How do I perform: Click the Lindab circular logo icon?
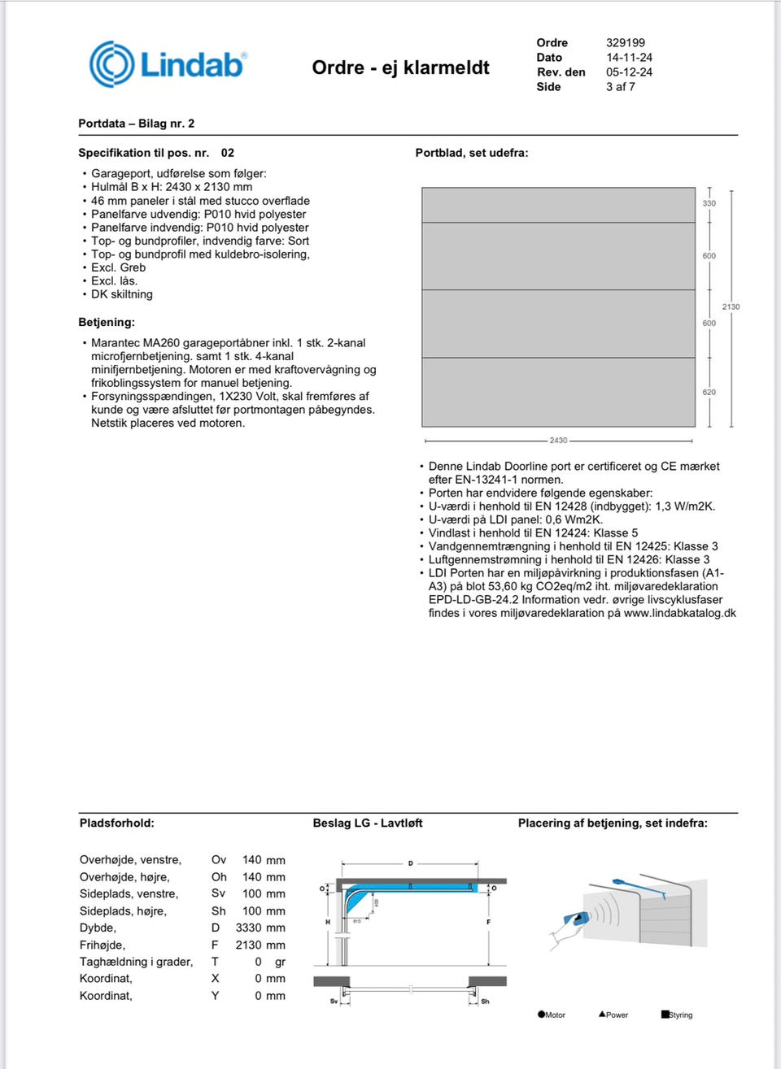tap(111, 64)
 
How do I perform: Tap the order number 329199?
tap(625, 43)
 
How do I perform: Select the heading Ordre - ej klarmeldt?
tap(400, 67)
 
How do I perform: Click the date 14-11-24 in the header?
tap(629, 58)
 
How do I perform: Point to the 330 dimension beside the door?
tap(709, 203)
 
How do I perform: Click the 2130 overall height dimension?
tap(731, 306)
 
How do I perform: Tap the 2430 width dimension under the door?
tap(558, 441)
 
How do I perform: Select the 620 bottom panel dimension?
tap(709, 392)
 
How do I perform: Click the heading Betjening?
tap(107, 322)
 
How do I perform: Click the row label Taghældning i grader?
tap(136, 962)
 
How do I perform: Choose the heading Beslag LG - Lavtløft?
tap(368, 823)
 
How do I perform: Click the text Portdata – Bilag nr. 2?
tap(136, 124)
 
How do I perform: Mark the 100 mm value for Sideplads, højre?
tap(264, 911)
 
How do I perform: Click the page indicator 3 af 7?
tap(620, 87)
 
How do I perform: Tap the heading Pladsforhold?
tap(116, 823)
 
